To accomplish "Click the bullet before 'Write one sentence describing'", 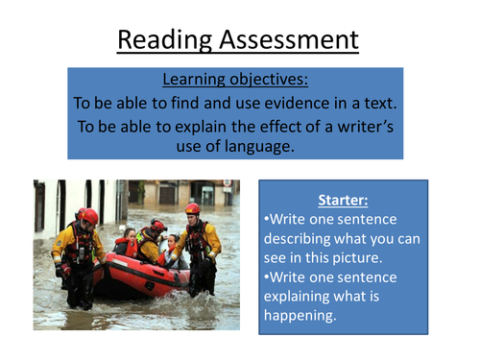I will coord(265,221).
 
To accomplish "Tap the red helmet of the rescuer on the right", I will coord(193,208).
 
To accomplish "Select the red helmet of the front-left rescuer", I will coord(89,215).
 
